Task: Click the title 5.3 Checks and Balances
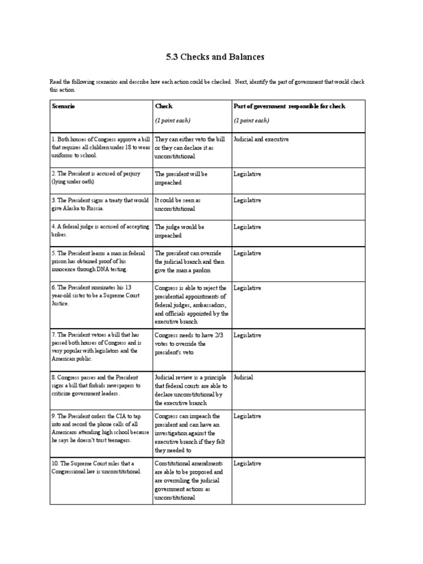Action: [211, 57]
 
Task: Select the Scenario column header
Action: [63, 106]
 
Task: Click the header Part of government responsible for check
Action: [289, 106]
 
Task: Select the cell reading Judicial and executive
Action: [261, 139]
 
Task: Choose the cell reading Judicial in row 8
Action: [243, 377]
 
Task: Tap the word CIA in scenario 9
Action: [104, 416]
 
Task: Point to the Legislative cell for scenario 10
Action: [247, 464]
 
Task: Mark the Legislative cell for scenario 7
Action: [247, 335]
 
